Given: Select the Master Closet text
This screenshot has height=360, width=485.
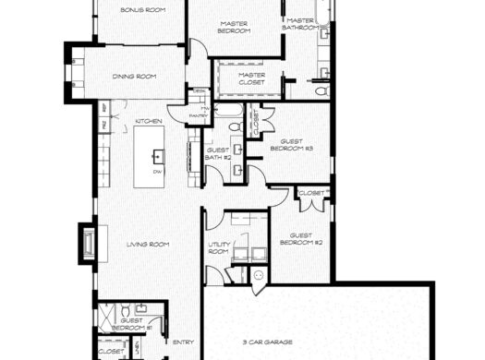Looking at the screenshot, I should (x=251, y=78).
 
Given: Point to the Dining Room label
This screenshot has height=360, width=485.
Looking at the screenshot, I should (x=134, y=76).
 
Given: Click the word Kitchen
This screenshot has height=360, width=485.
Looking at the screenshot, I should (x=149, y=122).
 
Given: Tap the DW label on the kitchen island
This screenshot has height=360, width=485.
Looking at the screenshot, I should (x=158, y=173).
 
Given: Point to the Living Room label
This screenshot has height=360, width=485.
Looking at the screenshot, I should (x=147, y=244).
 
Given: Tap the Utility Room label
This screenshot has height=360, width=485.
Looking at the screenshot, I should (x=219, y=247).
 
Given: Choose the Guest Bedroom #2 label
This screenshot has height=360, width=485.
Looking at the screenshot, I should (x=305, y=239).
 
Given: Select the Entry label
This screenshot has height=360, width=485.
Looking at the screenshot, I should (x=182, y=342).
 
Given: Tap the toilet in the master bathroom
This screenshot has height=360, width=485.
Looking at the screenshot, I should (x=321, y=91).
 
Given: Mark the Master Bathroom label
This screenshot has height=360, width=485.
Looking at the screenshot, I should (x=302, y=23).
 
